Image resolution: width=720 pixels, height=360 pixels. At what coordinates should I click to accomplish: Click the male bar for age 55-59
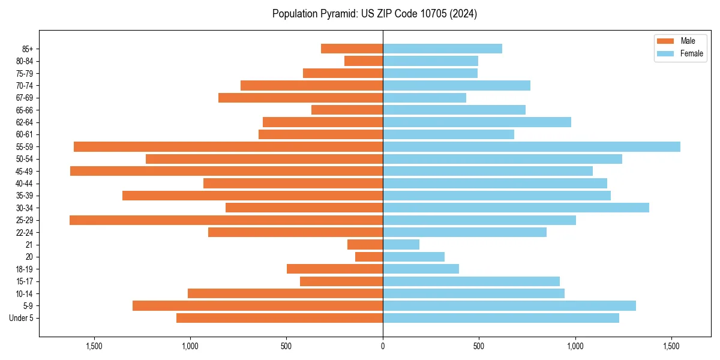click(x=228, y=147)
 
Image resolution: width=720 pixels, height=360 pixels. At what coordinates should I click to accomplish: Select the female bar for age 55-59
click(x=532, y=147)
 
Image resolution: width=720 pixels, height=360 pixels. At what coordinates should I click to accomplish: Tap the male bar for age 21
click(x=365, y=245)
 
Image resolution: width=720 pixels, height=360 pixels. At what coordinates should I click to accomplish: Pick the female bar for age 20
click(x=413, y=257)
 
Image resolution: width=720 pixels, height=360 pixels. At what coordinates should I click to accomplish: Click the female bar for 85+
click(x=442, y=49)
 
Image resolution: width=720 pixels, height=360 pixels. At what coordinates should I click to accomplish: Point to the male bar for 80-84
click(x=364, y=61)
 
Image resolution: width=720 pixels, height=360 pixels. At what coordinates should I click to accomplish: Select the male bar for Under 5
click(x=280, y=318)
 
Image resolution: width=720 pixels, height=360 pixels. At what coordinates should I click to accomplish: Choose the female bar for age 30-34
click(x=516, y=208)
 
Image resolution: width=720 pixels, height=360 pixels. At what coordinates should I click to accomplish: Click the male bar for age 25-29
click(x=226, y=220)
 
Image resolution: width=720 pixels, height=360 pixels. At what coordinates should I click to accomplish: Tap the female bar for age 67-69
click(x=424, y=98)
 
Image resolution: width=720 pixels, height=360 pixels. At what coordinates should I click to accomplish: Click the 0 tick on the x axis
click(x=383, y=346)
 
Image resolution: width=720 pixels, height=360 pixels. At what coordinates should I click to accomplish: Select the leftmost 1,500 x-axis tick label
click(x=94, y=346)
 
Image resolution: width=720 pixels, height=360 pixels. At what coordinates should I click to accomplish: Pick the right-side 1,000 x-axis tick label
click(x=575, y=346)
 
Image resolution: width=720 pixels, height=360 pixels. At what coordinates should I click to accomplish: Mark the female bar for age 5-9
click(x=509, y=306)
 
